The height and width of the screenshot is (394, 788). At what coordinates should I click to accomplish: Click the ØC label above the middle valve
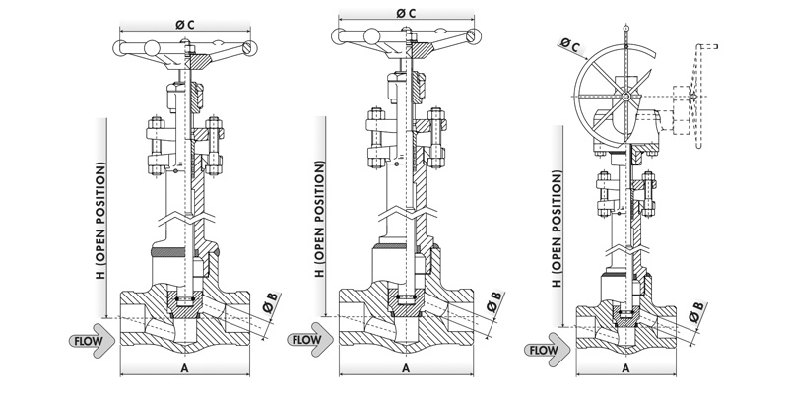pyautogui.click(x=405, y=12)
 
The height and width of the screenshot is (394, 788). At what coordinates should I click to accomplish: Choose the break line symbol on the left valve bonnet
pyautogui.click(x=184, y=211)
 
